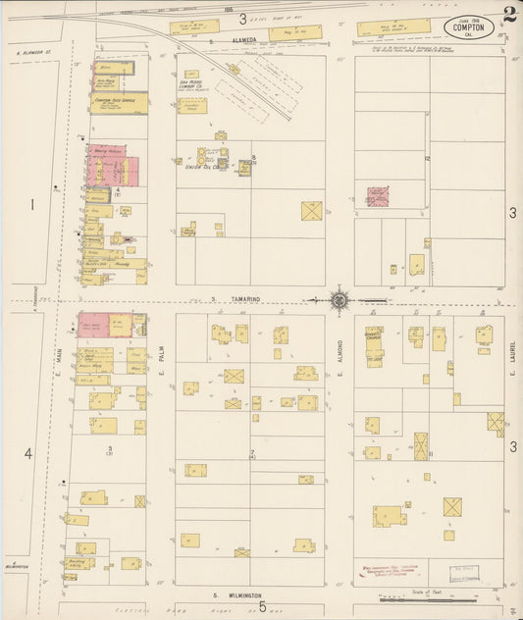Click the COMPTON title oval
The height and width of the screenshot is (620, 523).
point(469,27)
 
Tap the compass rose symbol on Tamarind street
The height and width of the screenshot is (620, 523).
point(339,300)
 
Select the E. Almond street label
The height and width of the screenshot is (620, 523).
point(340,352)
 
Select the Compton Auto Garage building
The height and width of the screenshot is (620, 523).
point(119,102)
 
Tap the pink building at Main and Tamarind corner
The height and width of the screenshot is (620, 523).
point(94,326)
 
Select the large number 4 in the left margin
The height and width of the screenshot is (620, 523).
point(28,452)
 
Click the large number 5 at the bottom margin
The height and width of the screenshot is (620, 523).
point(262,607)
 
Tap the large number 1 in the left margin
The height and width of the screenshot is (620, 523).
point(31,205)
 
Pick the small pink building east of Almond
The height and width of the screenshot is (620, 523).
point(378,196)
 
